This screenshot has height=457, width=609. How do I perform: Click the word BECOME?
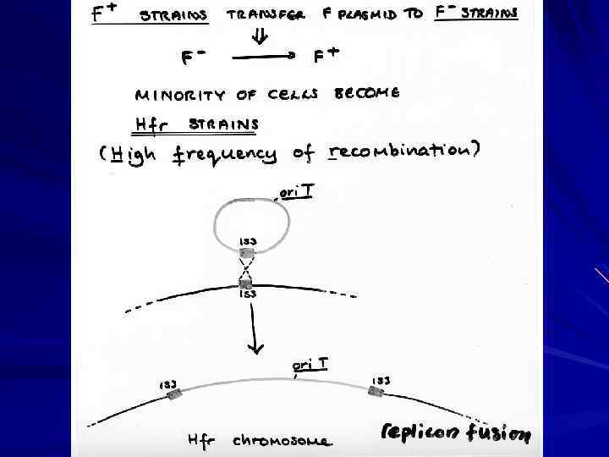(367, 92)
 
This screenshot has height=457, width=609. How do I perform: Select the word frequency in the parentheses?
(225, 155)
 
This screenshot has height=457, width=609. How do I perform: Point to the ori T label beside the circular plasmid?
(297, 193)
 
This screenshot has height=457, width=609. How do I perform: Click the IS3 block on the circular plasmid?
(247, 251)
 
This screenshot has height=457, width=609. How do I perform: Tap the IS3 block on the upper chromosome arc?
(247, 284)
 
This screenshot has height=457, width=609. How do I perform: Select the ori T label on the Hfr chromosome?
(310, 364)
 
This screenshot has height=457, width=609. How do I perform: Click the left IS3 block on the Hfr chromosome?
(175, 395)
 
